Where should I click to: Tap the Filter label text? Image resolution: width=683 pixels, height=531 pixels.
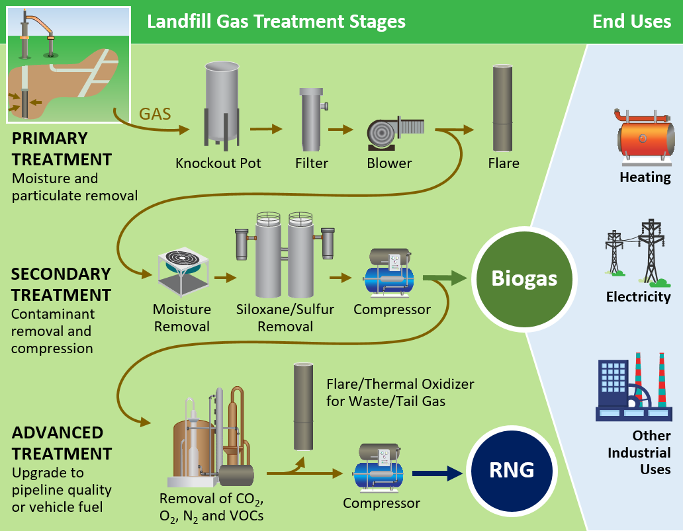click(312, 163)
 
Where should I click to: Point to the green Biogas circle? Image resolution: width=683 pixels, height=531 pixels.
click(524, 278)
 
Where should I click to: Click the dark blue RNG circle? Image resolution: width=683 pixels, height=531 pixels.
click(511, 470)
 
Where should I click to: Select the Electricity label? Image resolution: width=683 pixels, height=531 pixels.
click(638, 297)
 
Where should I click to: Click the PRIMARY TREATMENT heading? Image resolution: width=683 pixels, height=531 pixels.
click(61, 149)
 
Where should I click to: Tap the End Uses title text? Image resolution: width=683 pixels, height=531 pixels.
click(631, 21)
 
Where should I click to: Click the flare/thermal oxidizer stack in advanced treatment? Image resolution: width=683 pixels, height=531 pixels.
click(304, 406)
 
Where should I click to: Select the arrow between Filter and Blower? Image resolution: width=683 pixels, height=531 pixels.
click(340, 129)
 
